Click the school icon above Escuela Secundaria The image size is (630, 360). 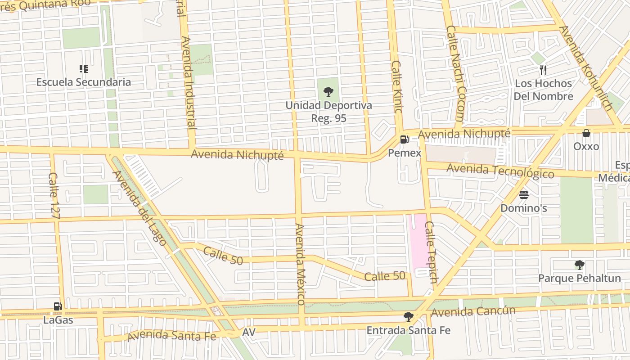[84, 69]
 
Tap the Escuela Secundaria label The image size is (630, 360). [84, 82]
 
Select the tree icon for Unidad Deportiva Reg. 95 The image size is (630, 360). [328, 92]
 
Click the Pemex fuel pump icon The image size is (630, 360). [405, 139]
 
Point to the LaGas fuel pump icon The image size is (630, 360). [58, 307]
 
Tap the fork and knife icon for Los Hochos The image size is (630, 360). [543, 70]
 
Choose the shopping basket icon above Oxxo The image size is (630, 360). [586, 133]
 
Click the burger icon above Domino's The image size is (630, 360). [523, 195]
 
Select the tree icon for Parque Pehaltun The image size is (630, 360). [579, 265]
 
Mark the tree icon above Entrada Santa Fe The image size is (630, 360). [408, 317]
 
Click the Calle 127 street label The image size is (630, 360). [54, 195]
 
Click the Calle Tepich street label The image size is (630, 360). [431, 252]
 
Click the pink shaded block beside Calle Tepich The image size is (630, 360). [417, 241]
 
